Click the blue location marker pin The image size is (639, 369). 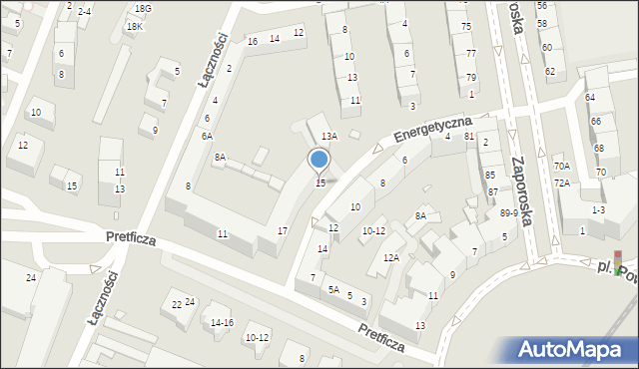[319, 161]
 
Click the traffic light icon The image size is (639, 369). [618, 261]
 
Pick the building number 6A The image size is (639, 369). [207, 137]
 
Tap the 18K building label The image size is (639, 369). [134, 27]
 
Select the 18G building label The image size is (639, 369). [143, 8]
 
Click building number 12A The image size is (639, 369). [391, 258]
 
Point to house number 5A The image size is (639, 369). [333, 290]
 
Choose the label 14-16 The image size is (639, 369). [222, 322]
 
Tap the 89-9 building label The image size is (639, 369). [509, 212]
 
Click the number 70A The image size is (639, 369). [562, 167]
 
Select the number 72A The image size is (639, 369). [562, 184]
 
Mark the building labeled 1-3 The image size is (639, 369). [598, 209]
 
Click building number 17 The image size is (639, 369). [283, 231]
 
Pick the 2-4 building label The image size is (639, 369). [84, 11]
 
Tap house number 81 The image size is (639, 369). [468, 136]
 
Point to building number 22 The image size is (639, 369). [177, 304]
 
